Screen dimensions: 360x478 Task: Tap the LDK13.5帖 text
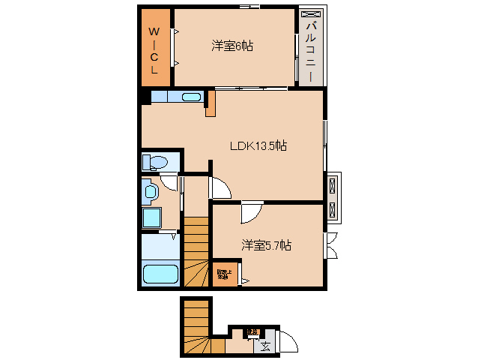click(258, 146)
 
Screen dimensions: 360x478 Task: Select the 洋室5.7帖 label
click(266, 245)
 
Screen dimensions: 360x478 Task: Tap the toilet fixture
click(157, 161)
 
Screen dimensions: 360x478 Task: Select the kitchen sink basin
click(191, 97)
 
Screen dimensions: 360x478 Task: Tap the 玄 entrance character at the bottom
click(266, 346)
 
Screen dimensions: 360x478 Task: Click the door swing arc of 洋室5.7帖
click(249, 213)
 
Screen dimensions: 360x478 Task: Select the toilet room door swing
click(169, 180)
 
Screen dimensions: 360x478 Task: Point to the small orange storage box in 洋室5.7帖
click(224, 274)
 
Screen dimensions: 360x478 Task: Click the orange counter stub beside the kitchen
click(211, 102)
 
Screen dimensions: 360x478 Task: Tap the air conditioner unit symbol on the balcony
click(311, 14)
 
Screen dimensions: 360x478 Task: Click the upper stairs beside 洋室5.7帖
click(196, 251)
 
